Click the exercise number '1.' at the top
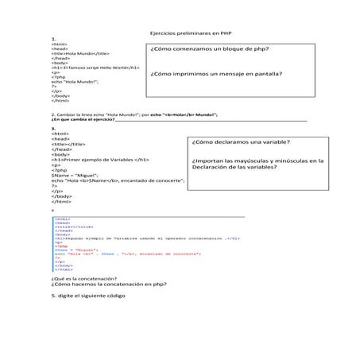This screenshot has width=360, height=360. [x=52, y=38]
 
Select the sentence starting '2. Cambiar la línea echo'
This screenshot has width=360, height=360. [x=134, y=115]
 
